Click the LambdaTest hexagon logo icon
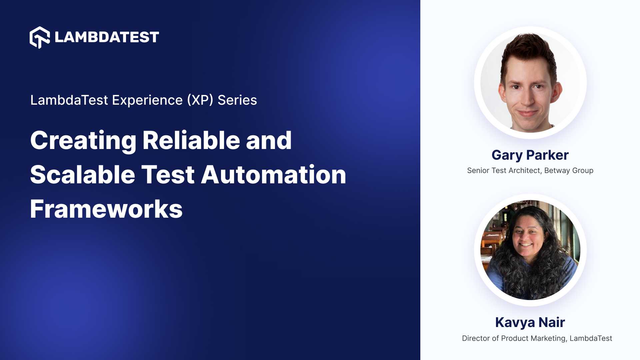(x=40, y=37)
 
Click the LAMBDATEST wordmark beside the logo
(x=107, y=37)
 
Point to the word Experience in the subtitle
(x=147, y=100)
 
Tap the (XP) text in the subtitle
(x=200, y=100)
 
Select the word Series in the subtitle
(x=237, y=100)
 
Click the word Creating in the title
(x=83, y=141)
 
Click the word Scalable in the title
(x=82, y=175)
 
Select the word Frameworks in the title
(x=106, y=209)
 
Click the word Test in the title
(x=168, y=175)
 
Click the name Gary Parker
(x=530, y=155)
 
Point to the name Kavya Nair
(x=530, y=322)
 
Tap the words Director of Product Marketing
(x=514, y=338)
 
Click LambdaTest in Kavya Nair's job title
(x=591, y=338)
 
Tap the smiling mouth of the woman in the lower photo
(x=526, y=245)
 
